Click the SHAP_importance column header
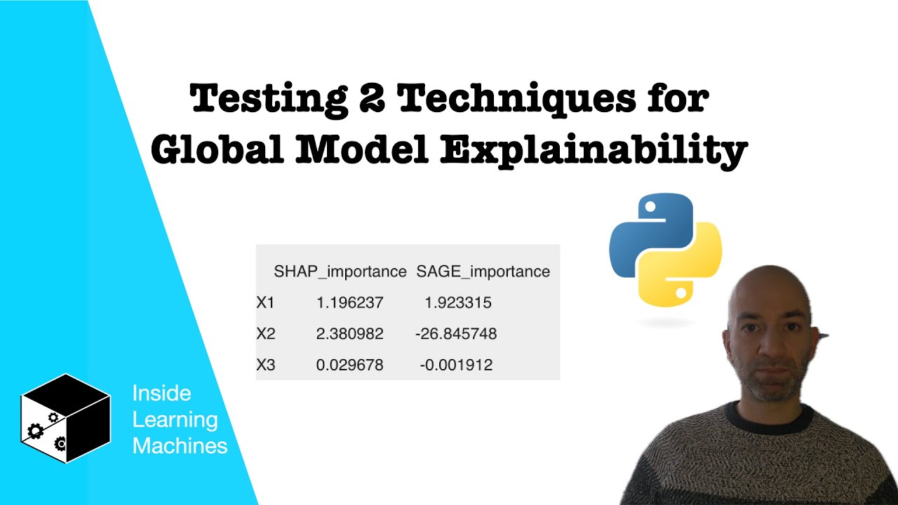click(x=340, y=271)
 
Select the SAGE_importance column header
click(x=483, y=271)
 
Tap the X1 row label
click(x=266, y=303)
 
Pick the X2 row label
click(x=266, y=334)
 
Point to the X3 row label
click(x=266, y=365)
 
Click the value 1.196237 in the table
click(x=350, y=303)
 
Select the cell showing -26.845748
click(x=456, y=334)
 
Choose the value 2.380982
click(x=350, y=334)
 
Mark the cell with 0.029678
click(x=350, y=365)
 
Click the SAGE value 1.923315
click(x=458, y=303)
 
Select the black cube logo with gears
click(x=65, y=418)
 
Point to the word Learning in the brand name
click(x=175, y=419)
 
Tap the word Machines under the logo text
click(x=180, y=445)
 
